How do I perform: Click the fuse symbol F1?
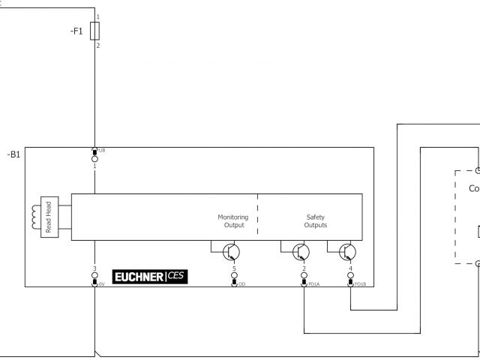[x=94, y=31]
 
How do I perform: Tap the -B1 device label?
[x=13, y=154]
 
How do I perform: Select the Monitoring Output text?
[x=232, y=221]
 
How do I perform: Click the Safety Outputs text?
[x=315, y=221]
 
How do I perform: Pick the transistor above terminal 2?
[x=301, y=251]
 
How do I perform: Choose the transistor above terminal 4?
[x=347, y=251]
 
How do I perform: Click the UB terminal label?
[x=101, y=150]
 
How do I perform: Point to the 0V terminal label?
[x=101, y=284]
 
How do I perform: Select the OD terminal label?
[x=241, y=284]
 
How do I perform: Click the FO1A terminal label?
[x=313, y=284]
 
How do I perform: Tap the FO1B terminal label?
[x=360, y=284]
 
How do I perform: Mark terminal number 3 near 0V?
[x=94, y=268]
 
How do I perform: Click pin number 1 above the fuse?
[x=97, y=16]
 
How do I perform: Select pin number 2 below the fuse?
[x=97, y=46]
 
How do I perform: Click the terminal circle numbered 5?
[x=234, y=275]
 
